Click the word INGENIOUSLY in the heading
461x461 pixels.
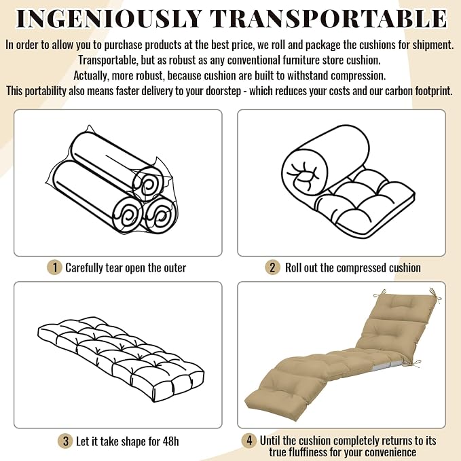click(109, 18)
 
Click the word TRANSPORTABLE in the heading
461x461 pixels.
click(329, 18)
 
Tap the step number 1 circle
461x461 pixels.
click(54, 268)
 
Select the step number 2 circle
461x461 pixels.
click(272, 268)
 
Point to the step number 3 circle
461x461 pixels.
click(65, 441)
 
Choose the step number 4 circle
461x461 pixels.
click(249, 441)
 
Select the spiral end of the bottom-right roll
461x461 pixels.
click(160, 215)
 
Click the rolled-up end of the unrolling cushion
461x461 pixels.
click(305, 173)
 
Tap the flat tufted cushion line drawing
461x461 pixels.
click(121, 358)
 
